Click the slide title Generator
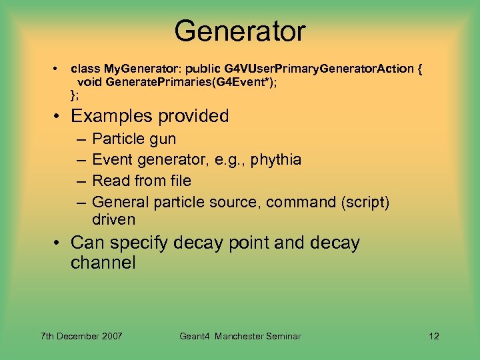239,31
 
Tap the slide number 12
434,336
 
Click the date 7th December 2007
81,336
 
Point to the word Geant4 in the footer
195,336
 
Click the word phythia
273,160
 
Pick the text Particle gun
134,139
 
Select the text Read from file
141,181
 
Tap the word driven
113,219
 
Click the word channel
103,263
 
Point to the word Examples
111,116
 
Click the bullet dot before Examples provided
58,116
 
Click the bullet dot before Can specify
58,243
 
